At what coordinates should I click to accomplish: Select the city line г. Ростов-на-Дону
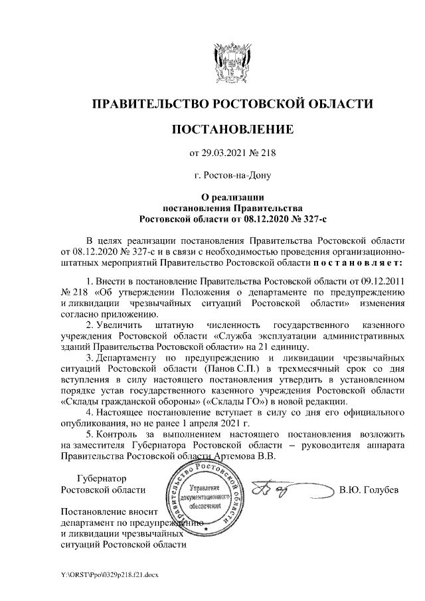coord(232,175)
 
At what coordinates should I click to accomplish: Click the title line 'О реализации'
coord(232,197)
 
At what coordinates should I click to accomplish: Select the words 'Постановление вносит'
coord(109,512)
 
